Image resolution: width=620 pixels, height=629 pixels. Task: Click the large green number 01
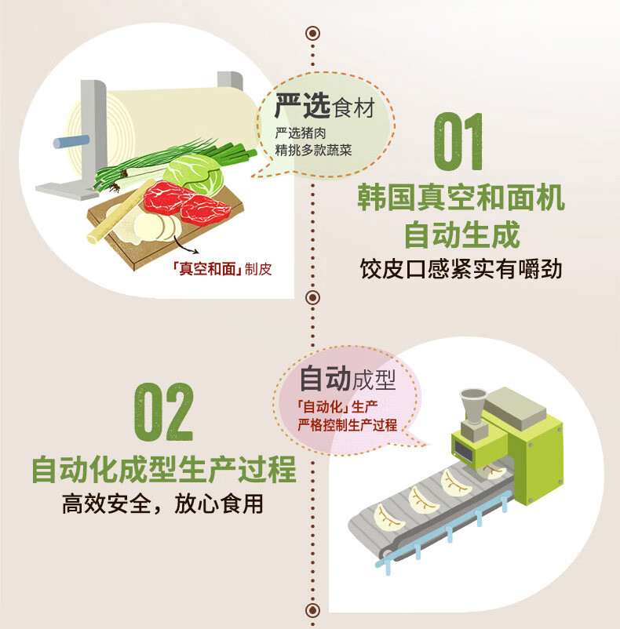click(458, 141)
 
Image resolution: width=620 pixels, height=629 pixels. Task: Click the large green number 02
click(164, 412)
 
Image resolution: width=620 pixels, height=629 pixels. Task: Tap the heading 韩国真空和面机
click(461, 198)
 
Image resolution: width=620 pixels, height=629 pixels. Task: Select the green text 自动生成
click(462, 235)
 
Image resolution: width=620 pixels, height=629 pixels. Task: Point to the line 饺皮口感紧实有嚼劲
click(461, 269)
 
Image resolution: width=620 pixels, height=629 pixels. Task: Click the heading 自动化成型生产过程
click(164, 469)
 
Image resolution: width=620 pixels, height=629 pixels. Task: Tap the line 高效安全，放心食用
click(162, 504)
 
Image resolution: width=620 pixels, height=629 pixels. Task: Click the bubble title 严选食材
click(325, 107)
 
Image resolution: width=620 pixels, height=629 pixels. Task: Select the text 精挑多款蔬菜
click(313, 151)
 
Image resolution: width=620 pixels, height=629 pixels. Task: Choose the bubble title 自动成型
click(348, 379)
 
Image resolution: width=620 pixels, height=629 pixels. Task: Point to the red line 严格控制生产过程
click(347, 425)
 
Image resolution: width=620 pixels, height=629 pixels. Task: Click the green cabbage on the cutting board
click(194, 175)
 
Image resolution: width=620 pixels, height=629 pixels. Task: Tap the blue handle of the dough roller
click(71, 141)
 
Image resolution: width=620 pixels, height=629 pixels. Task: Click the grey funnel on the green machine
click(473, 405)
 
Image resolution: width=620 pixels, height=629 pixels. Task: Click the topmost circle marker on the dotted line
click(312, 33)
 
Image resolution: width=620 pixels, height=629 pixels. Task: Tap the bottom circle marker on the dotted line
click(312, 610)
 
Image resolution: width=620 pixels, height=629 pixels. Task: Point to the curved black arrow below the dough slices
click(185, 245)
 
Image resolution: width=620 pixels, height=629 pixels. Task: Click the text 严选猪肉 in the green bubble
click(301, 133)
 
